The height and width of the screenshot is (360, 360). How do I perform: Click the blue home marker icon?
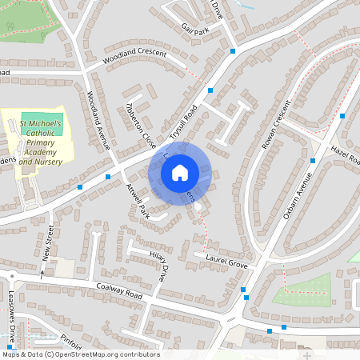[x=180, y=172]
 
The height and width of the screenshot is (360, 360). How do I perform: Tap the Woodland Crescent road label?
[x=134, y=58]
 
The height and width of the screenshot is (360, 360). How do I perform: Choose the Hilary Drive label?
[x=160, y=265]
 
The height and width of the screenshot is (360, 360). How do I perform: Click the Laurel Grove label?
[x=226, y=262]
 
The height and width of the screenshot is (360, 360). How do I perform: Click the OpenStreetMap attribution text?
[x=80, y=354]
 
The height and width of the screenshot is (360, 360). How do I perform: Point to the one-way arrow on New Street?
[x=42, y=273]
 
